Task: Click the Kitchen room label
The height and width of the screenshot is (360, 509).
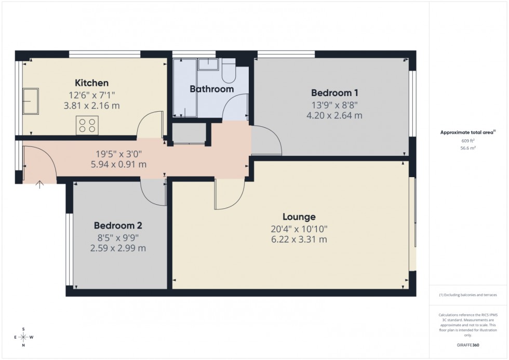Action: click(92, 83)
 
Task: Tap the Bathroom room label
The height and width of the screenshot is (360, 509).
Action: click(211, 89)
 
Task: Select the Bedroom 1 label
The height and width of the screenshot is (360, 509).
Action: click(334, 93)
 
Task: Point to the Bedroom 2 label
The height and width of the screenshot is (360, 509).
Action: click(118, 226)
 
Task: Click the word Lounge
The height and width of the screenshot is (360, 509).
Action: click(299, 217)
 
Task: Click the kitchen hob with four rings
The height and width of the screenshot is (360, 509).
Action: click(87, 126)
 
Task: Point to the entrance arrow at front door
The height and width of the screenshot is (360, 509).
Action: click(39, 183)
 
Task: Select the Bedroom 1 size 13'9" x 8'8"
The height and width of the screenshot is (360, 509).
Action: click(334, 104)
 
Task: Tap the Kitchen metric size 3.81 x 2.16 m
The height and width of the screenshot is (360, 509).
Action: click(91, 105)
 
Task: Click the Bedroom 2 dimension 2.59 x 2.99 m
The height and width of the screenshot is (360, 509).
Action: click(118, 248)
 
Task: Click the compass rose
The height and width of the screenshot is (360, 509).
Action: click(24, 337)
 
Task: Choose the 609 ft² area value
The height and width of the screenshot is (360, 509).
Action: click(468, 141)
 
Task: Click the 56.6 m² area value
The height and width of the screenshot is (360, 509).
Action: click(468, 148)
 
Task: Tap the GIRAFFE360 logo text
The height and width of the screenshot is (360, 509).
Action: click(468, 344)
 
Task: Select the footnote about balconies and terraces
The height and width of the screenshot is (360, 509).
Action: click(468, 295)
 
